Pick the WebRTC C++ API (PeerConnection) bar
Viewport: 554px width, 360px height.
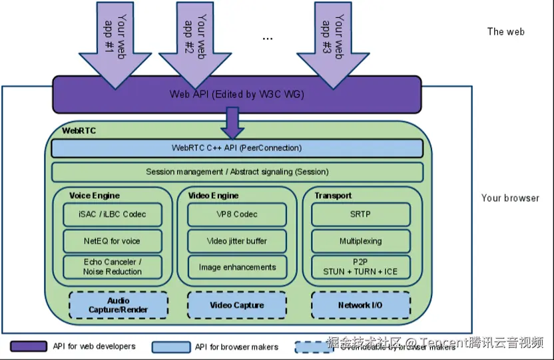pyautogui.click(x=237, y=148)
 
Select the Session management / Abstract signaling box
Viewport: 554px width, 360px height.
pyautogui.click(x=237, y=172)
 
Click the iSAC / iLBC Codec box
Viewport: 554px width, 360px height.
pyautogui.click(x=113, y=214)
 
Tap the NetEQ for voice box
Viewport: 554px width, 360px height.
pyautogui.click(x=113, y=241)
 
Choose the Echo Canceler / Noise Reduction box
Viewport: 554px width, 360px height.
pyautogui.click(x=113, y=267)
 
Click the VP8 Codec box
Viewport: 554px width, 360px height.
pyautogui.click(x=237, y=214)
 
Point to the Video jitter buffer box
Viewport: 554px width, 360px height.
pyautogui.click(x=237, y=241)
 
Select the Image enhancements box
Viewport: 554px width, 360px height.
pyautogui.click(x=237, y=267)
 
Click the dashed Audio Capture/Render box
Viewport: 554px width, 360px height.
pyautogui.click(x=119, y=305)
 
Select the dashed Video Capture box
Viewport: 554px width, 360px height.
pyautogui.click(x=237, y=305)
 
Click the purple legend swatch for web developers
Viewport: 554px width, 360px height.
pyautogui.click(x=29, y=347)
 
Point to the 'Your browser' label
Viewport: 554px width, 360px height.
pyautogui.click(x=510, y=198)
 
